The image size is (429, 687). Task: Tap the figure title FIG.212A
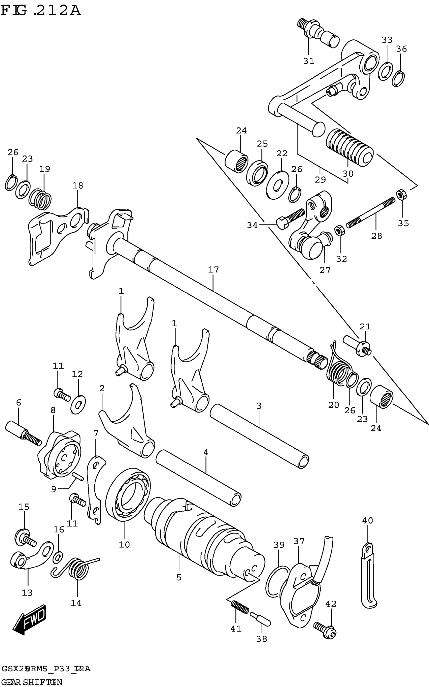tap(41, 11)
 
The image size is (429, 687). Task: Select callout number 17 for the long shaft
tap(213, 269)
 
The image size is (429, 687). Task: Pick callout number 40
tap(367, 520)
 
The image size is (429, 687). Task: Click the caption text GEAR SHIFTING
tap(32, 682)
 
